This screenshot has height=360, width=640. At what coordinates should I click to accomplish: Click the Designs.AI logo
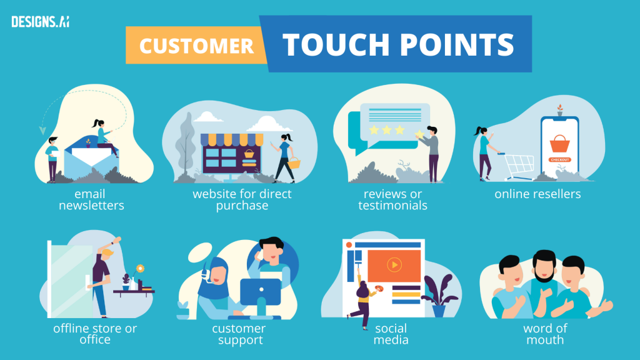(40, 21)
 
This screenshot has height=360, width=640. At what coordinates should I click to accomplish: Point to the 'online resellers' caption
(537, 194)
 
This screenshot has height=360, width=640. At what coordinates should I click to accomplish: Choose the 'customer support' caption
(238, 334)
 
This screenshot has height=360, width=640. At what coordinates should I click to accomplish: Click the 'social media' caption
(391, 334)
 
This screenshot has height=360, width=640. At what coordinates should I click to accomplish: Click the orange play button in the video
(394, 264)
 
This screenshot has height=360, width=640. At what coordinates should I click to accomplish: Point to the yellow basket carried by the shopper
(293, 164)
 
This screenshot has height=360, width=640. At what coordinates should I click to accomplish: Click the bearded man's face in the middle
(544, 266)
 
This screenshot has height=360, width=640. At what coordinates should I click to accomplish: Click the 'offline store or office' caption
(95, 334)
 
